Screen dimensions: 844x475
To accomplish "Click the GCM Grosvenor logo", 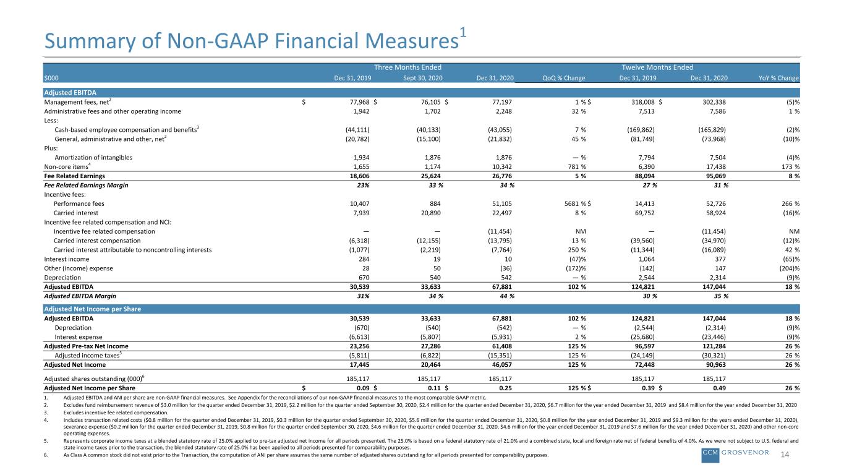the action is [735, 454].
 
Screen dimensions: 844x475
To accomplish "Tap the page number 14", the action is [785, 455].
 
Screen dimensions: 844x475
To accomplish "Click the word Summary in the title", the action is [90, 41].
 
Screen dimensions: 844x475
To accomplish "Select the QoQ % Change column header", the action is [564, 78].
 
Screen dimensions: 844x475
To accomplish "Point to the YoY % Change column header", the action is [778, 78].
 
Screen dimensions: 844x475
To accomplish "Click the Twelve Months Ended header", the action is [657, 67].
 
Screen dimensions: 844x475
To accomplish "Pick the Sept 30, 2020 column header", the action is [423, 78].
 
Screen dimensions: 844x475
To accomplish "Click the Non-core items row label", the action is [67, 166].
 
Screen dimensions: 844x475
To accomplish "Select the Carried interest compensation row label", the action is [97, 241].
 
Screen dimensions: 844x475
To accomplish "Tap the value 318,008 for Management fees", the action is [643, 102].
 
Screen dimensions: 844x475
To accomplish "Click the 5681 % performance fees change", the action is [575, 203].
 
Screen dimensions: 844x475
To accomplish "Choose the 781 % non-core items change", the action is [577, 166].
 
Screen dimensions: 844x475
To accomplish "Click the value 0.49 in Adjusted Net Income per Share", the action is [719, 388].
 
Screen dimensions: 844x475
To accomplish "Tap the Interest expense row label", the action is [79, 337].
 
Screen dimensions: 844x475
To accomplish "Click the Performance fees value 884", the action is [435, 203].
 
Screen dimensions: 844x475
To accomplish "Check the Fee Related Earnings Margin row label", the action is [86, 185].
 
